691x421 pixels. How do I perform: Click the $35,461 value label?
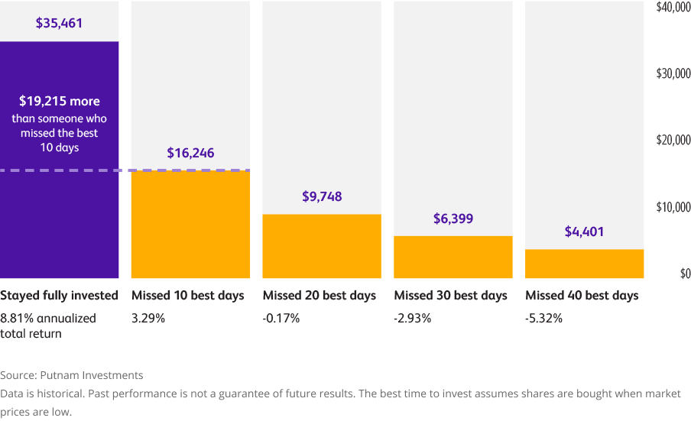pyautogui.click(x=59, y=23)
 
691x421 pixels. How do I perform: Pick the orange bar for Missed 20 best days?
pyautogui.click(x=322, y=246)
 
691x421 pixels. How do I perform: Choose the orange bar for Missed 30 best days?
pyautogui.click(x=453, y=257)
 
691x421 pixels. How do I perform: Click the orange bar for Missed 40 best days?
pyautogui.click(x=584, y=264)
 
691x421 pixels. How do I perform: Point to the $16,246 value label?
pyautogui.click(x=190, y=153)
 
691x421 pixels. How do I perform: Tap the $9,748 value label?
pyautogui.click(x=322, y=196)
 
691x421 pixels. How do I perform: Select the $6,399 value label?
pyautogui.click(x=453, y=219)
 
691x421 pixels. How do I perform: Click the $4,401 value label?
pyautogui.click(x=584, y=231)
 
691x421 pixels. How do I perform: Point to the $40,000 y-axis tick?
pyautogui.click(x=673, y=7)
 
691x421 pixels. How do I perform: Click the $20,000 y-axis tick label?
pyautogui.click(x=673, y=140)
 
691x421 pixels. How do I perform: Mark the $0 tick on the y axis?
pyautogui.click(x=684, y=274)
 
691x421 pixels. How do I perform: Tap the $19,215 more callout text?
pyautogui.click(x=59, y=101)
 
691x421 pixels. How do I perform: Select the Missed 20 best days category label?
pyautogui.click(x=320, y=296)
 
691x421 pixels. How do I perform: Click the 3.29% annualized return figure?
pyautogui.click(x=148, y=318)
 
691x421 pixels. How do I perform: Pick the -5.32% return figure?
pyautogui.click(x=543, y=318)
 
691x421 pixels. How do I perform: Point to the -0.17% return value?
pyautogui.click(x=281, y=318)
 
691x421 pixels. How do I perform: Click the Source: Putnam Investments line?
pyautogui.click(x=72, y=375)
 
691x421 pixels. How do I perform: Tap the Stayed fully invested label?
pyautogui.click(x=59, y=296)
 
